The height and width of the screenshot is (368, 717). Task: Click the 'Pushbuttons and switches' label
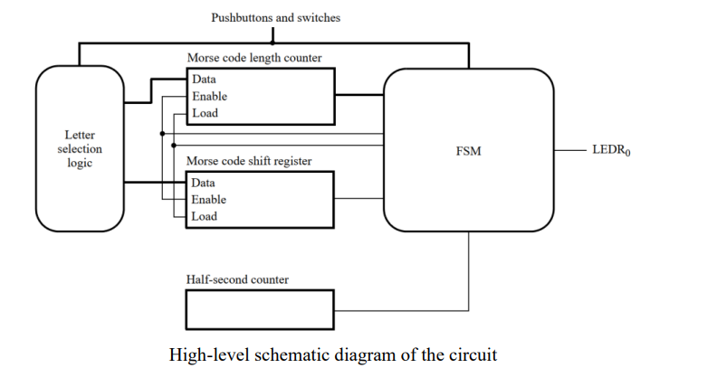click(x=275, y=18)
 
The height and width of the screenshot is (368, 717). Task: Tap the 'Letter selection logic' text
click(x=80, y=149)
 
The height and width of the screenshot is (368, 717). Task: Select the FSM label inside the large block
click(x=469, y=151)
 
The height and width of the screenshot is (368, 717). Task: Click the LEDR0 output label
click(x=611, y=150)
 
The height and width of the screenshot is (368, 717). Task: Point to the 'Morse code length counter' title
click(x=254, y=58)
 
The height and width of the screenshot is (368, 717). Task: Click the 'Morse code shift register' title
click(x=249, y=161)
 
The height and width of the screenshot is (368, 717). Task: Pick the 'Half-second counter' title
click(x=237, y=279)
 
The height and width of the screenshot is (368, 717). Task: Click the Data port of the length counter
click(x=204, y=79)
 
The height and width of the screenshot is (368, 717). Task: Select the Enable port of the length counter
click(x=209, y=97)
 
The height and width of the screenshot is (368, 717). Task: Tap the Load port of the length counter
click(x=205, y=113)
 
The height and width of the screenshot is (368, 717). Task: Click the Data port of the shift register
click(x=203, y=183)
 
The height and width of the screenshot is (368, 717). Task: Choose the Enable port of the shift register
click(x=208, y=200)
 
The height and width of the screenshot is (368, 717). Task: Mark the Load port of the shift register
click(x=204, y=216)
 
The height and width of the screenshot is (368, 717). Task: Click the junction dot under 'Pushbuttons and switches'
click(x=273, y=42)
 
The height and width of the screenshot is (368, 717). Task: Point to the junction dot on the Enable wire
click(x=162, y=134)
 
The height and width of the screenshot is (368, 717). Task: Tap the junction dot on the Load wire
click(x=174, y=146)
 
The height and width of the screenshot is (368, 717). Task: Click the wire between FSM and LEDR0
click(x=569, y=150)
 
